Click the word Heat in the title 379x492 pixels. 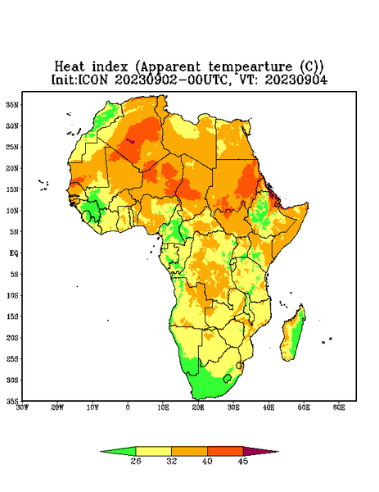(x=70, y=67)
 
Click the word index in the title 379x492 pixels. (x=110, y=67)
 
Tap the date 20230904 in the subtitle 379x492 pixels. (x=296, y=80)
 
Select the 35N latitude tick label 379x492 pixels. (x=12, y=104)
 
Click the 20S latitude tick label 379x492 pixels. (x=12, y=338)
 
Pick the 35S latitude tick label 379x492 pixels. (x=12, y=401)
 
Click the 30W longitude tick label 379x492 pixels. (x=22, y=408)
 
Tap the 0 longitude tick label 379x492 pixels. (x=128, y=408)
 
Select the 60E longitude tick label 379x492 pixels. (x=339, y=408)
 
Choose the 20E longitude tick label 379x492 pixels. (x=198, y=408)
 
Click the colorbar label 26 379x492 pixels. (x=136, y=461)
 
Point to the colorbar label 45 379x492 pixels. (x=243, y=461)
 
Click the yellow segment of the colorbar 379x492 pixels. (x=153, y=451)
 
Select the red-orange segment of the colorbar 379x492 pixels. (x=225, y=451)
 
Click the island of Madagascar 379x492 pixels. (x=293, y=335)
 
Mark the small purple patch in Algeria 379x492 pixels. (x=130, y=141)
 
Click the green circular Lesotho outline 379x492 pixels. (x=228, y=378)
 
